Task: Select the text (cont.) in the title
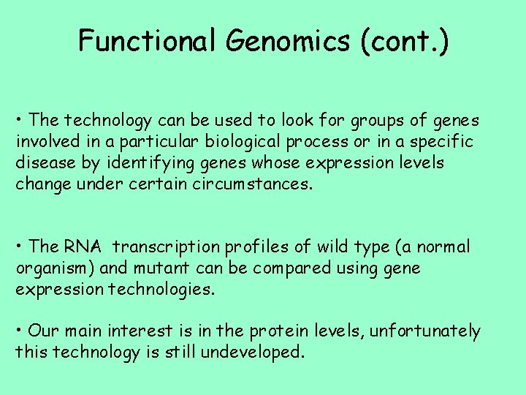coord(404,41)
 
